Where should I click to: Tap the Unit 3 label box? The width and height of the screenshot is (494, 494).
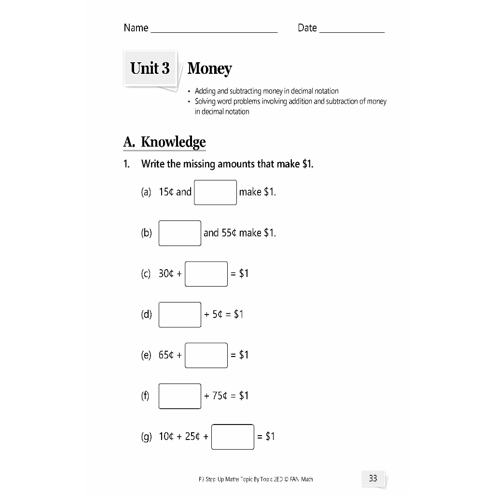150,68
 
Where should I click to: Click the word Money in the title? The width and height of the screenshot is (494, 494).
209,69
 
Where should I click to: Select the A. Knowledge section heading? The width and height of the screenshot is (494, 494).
165,142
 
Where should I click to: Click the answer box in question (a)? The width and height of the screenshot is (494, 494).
215,192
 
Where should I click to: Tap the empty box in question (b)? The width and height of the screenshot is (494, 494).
180,233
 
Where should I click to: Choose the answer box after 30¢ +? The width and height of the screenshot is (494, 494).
206,274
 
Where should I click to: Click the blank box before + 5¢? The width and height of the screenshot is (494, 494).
180,315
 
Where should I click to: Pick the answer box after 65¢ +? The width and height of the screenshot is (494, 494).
206,355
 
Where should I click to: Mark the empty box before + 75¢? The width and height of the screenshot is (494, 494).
180,396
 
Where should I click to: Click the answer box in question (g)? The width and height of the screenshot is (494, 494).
233,437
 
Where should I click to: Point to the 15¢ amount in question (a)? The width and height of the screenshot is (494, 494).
166,192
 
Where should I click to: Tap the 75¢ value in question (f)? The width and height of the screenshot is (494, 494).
220,396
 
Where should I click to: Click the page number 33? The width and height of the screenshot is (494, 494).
373,479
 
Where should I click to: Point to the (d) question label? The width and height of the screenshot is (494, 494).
146,315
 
